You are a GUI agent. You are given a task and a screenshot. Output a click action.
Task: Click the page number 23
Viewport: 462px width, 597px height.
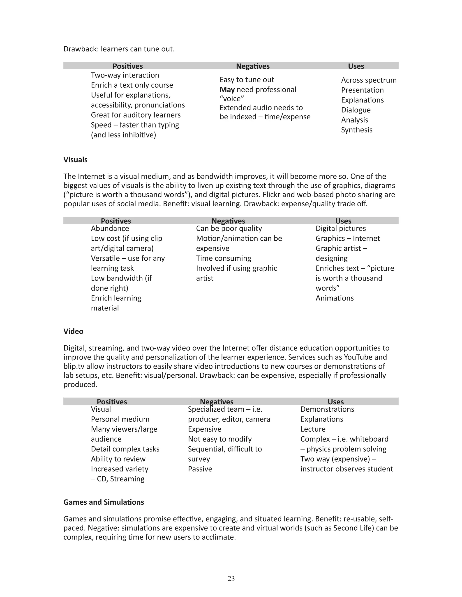[231, 578]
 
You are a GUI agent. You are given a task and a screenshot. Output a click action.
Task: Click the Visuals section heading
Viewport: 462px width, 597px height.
[75, 160]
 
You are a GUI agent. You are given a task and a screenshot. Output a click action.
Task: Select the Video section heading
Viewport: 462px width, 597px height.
[73, 331]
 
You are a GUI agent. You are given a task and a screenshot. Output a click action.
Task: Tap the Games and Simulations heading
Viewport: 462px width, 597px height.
[104, 502]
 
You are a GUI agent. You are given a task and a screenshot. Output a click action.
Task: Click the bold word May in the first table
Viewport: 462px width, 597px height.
[227, 90]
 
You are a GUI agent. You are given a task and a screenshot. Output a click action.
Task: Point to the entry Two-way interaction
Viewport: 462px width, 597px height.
[125, 75]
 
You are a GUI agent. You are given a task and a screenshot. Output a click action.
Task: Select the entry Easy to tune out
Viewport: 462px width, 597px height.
[247, 80]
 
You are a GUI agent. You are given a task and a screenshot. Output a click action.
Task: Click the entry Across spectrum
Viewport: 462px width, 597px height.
[369, 80]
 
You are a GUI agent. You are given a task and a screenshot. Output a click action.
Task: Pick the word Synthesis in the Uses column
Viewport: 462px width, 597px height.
[357, 130]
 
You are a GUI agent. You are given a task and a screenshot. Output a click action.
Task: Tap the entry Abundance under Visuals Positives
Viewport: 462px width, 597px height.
[110, 228]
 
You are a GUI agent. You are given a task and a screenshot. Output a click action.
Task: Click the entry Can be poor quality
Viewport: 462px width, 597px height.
[229, 228]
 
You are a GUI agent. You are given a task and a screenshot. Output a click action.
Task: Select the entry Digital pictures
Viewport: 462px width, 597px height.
[340, 228]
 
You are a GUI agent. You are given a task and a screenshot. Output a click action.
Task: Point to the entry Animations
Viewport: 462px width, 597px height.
[335, 298]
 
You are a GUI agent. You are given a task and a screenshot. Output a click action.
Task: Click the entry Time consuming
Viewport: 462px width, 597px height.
[223, 258]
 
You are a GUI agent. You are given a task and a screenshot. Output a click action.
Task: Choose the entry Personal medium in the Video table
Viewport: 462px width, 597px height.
[120, 419]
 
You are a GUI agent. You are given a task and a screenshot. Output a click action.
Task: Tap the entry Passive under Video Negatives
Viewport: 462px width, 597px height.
[200, 469]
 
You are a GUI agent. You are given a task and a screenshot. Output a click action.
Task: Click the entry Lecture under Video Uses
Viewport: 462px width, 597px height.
[313, 429]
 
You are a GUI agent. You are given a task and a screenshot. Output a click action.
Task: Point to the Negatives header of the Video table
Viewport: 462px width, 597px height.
[217, 401]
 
